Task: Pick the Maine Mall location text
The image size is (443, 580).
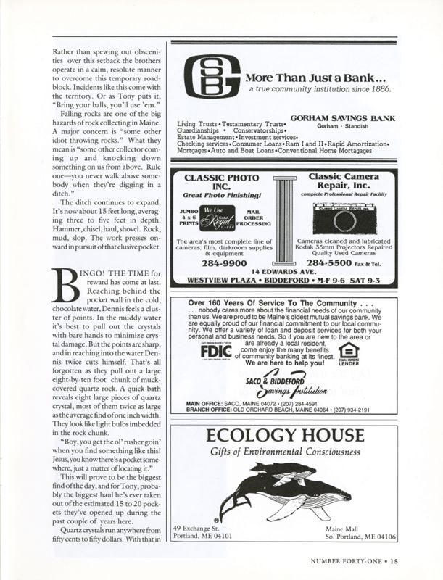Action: click(x=347, y=529)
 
